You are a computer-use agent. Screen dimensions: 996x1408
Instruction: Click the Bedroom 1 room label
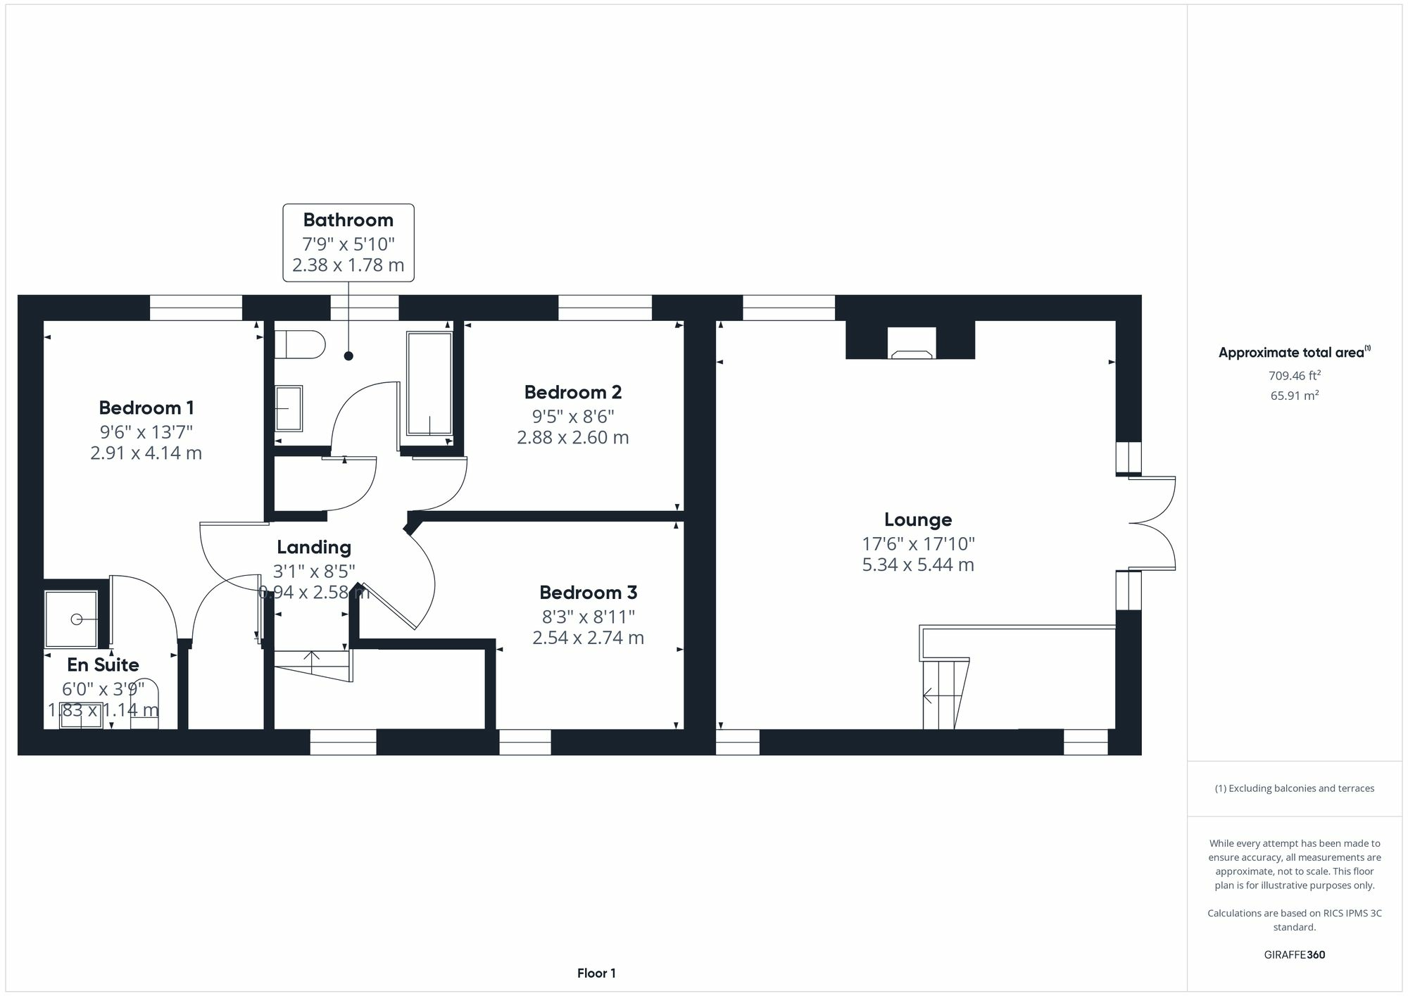(x=146, y=408)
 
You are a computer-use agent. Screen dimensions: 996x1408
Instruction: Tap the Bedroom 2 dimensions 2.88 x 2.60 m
(x=572, y=438)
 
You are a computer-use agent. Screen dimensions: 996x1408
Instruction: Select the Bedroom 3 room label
(x=588, y=593)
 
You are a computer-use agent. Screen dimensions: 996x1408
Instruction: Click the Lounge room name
(x=918, y=519)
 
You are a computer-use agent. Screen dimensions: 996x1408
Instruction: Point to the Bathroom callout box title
(x=348, y=220)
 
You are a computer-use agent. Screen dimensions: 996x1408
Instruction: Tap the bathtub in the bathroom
(x=429, y=383)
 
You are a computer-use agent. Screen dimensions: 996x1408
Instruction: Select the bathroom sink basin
(x=288, y=408)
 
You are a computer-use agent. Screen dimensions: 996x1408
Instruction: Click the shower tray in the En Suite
(x=71, y=619)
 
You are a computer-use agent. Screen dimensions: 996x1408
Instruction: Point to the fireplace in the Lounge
(x=911, y=343)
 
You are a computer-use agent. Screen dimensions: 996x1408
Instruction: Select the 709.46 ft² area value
(x=1294, y=376)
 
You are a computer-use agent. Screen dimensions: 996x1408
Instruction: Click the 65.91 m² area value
(x=1294, y=396)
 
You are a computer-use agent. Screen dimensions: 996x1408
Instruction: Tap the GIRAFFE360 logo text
(x=1294, y=954)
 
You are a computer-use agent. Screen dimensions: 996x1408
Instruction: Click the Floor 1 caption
(x=596, y=973)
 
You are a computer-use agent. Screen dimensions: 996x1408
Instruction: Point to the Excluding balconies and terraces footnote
(x=1294, y=788)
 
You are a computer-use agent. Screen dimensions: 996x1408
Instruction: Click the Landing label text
(x=314, y=547)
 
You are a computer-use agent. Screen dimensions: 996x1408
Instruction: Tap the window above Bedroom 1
(x=196, y=308)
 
